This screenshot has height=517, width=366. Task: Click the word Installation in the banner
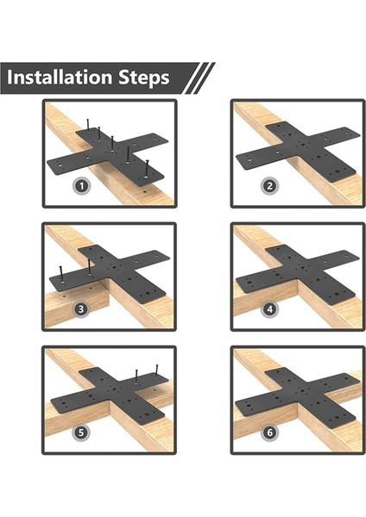coord(60,78)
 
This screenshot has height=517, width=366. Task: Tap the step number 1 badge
coord(82,186)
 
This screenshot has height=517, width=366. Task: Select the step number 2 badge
coord(269,186)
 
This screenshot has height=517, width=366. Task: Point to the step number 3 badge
coord(81,309)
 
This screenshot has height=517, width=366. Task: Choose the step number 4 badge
coord(270,309)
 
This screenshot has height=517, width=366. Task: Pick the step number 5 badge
coord(81,433)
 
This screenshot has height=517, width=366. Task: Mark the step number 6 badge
coord(269,433)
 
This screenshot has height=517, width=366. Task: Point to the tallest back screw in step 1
coord(88,126)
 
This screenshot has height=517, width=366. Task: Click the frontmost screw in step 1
coord(147,168)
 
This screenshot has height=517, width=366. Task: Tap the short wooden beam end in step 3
coord(77,305)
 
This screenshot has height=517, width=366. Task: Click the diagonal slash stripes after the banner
coord(199,78)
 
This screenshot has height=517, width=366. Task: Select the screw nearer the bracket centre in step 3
coord(89,267)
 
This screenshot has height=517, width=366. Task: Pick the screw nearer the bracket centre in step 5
coord(136,377)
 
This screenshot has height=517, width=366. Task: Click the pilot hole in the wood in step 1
coord(144,191)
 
